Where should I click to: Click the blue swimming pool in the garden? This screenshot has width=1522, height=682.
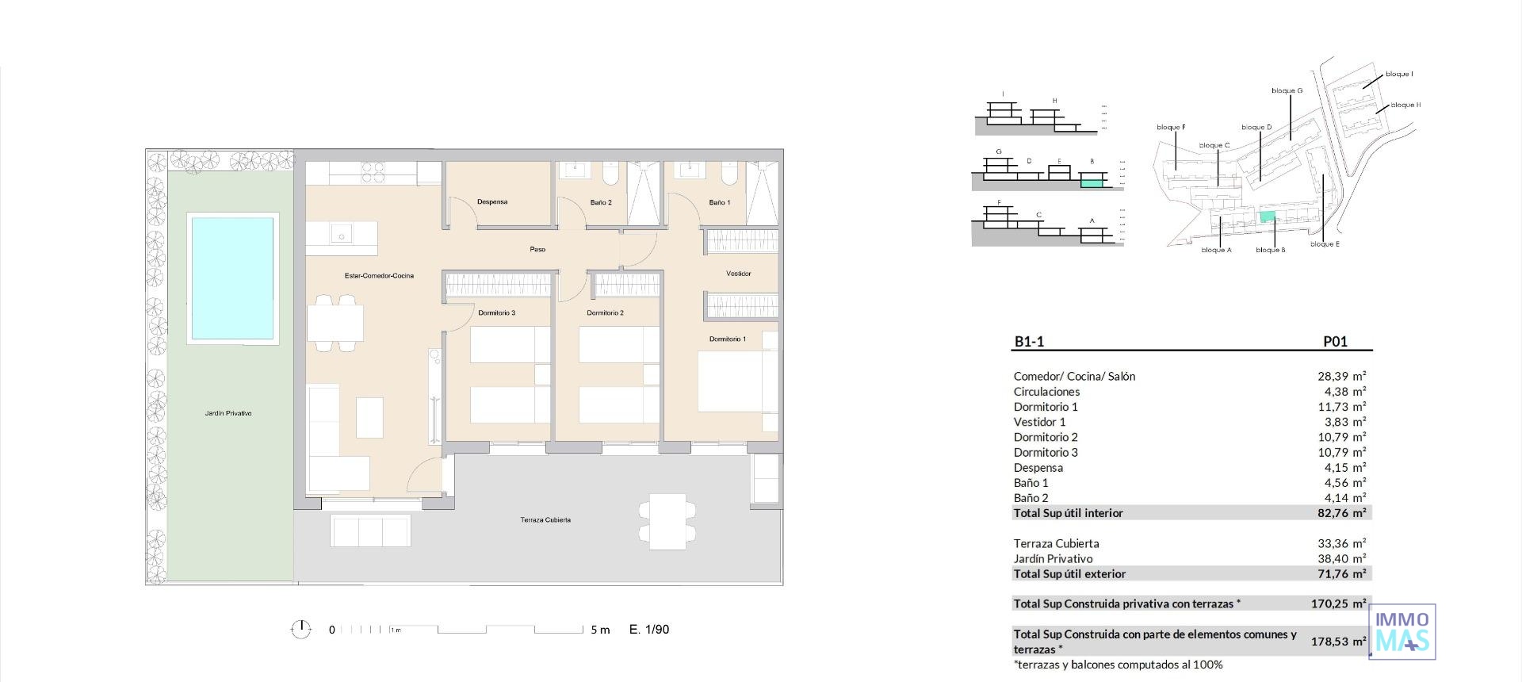(232, 278)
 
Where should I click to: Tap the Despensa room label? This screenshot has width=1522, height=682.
(492, 202)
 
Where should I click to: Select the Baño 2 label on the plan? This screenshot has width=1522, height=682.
(601, 203)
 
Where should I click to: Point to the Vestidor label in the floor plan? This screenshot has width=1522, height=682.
(738, 274)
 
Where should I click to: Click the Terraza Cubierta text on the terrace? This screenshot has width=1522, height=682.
(545, 520)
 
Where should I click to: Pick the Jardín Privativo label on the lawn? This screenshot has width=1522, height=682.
(228, 413)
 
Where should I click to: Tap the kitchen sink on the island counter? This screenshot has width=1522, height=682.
(342, 235)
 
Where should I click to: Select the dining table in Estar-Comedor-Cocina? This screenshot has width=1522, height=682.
(335, 323)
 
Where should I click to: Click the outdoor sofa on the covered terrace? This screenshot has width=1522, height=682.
(370, 530)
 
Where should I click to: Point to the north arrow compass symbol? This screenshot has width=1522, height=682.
(300, 630)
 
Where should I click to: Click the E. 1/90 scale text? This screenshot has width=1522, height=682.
(648, 630)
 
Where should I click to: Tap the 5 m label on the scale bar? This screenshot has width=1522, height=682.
(600, 630)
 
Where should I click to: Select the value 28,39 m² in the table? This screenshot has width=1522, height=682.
(1341, 377)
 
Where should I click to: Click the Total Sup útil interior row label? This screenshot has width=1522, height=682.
(1068, 513)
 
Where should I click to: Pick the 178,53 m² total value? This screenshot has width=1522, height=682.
(1338, 642)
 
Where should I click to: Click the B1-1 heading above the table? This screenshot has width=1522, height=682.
(1029, 342)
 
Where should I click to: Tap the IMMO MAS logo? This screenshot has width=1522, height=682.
(1403, 631)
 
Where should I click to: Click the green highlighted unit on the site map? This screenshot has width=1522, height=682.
(1268, 216)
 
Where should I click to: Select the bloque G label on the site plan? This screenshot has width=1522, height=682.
(1287, 90)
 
